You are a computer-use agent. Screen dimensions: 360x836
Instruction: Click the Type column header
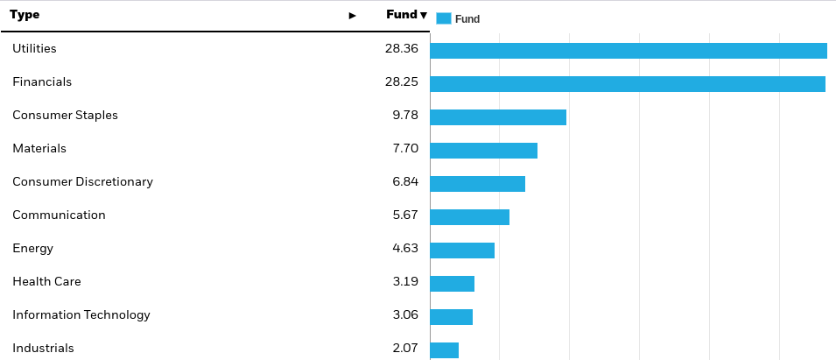tap(25, 15)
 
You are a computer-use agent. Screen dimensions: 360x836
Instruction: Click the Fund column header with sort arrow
tap(406, 15)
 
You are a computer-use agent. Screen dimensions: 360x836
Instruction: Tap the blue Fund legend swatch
tap(443, 18)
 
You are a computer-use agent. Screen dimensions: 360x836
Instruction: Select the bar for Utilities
tap(628, 51)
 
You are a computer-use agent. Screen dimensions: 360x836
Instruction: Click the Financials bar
tap(627, 84)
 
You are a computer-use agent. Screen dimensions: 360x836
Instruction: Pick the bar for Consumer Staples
tap(498, 117)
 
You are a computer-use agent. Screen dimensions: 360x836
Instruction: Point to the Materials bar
tap(483, 151)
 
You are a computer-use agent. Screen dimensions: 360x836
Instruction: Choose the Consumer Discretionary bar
tap(477, 184)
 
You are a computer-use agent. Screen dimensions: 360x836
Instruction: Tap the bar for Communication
tap(469, 217)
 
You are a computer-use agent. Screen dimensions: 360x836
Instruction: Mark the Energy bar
tap(462, 251)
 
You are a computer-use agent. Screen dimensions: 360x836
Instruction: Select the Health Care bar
tap(452, 284)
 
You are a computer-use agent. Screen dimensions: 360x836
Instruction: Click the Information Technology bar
tap(451, 317)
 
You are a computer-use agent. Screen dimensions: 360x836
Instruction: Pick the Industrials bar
tap(444, 350)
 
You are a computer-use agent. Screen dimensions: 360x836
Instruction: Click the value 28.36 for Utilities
tap(401, 49)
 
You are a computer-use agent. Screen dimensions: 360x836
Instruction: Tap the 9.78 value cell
tap(404, 116)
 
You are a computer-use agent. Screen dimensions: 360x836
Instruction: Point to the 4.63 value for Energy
tap(404, 249)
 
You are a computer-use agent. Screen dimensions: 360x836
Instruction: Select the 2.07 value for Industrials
tap(404, 349)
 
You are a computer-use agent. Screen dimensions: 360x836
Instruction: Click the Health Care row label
tap(46, 282)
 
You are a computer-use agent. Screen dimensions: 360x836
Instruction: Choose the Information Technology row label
tap(81, 315)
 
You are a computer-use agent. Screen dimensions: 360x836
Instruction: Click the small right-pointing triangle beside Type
tap(353, 16)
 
